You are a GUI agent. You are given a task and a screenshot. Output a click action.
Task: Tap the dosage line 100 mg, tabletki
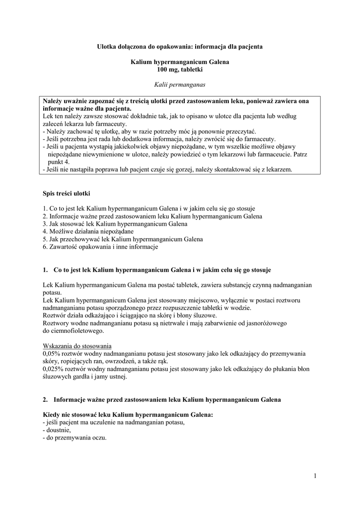coord(180,70)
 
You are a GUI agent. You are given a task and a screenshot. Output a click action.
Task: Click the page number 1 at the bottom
coord(315,477)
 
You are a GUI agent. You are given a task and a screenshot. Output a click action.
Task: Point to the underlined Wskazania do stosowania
coord(77,346)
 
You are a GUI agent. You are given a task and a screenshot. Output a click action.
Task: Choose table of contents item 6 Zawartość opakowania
coord(100,247)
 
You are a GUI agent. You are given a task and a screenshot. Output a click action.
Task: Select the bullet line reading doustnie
coord(58,431)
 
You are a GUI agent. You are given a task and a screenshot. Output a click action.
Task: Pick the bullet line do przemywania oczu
coord(75,439)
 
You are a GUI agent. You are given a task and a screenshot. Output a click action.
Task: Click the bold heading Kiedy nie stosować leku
coord(128,415)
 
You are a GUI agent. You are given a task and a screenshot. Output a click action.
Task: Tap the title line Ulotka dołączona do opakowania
coord(180,46)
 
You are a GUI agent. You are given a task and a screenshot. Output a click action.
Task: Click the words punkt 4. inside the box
coord(59,162)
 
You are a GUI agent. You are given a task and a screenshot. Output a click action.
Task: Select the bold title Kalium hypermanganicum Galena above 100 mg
coord(180,62)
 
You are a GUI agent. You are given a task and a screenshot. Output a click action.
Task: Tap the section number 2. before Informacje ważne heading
coord(45,399)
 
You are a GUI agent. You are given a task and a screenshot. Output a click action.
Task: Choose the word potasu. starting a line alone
coord(52,293)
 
